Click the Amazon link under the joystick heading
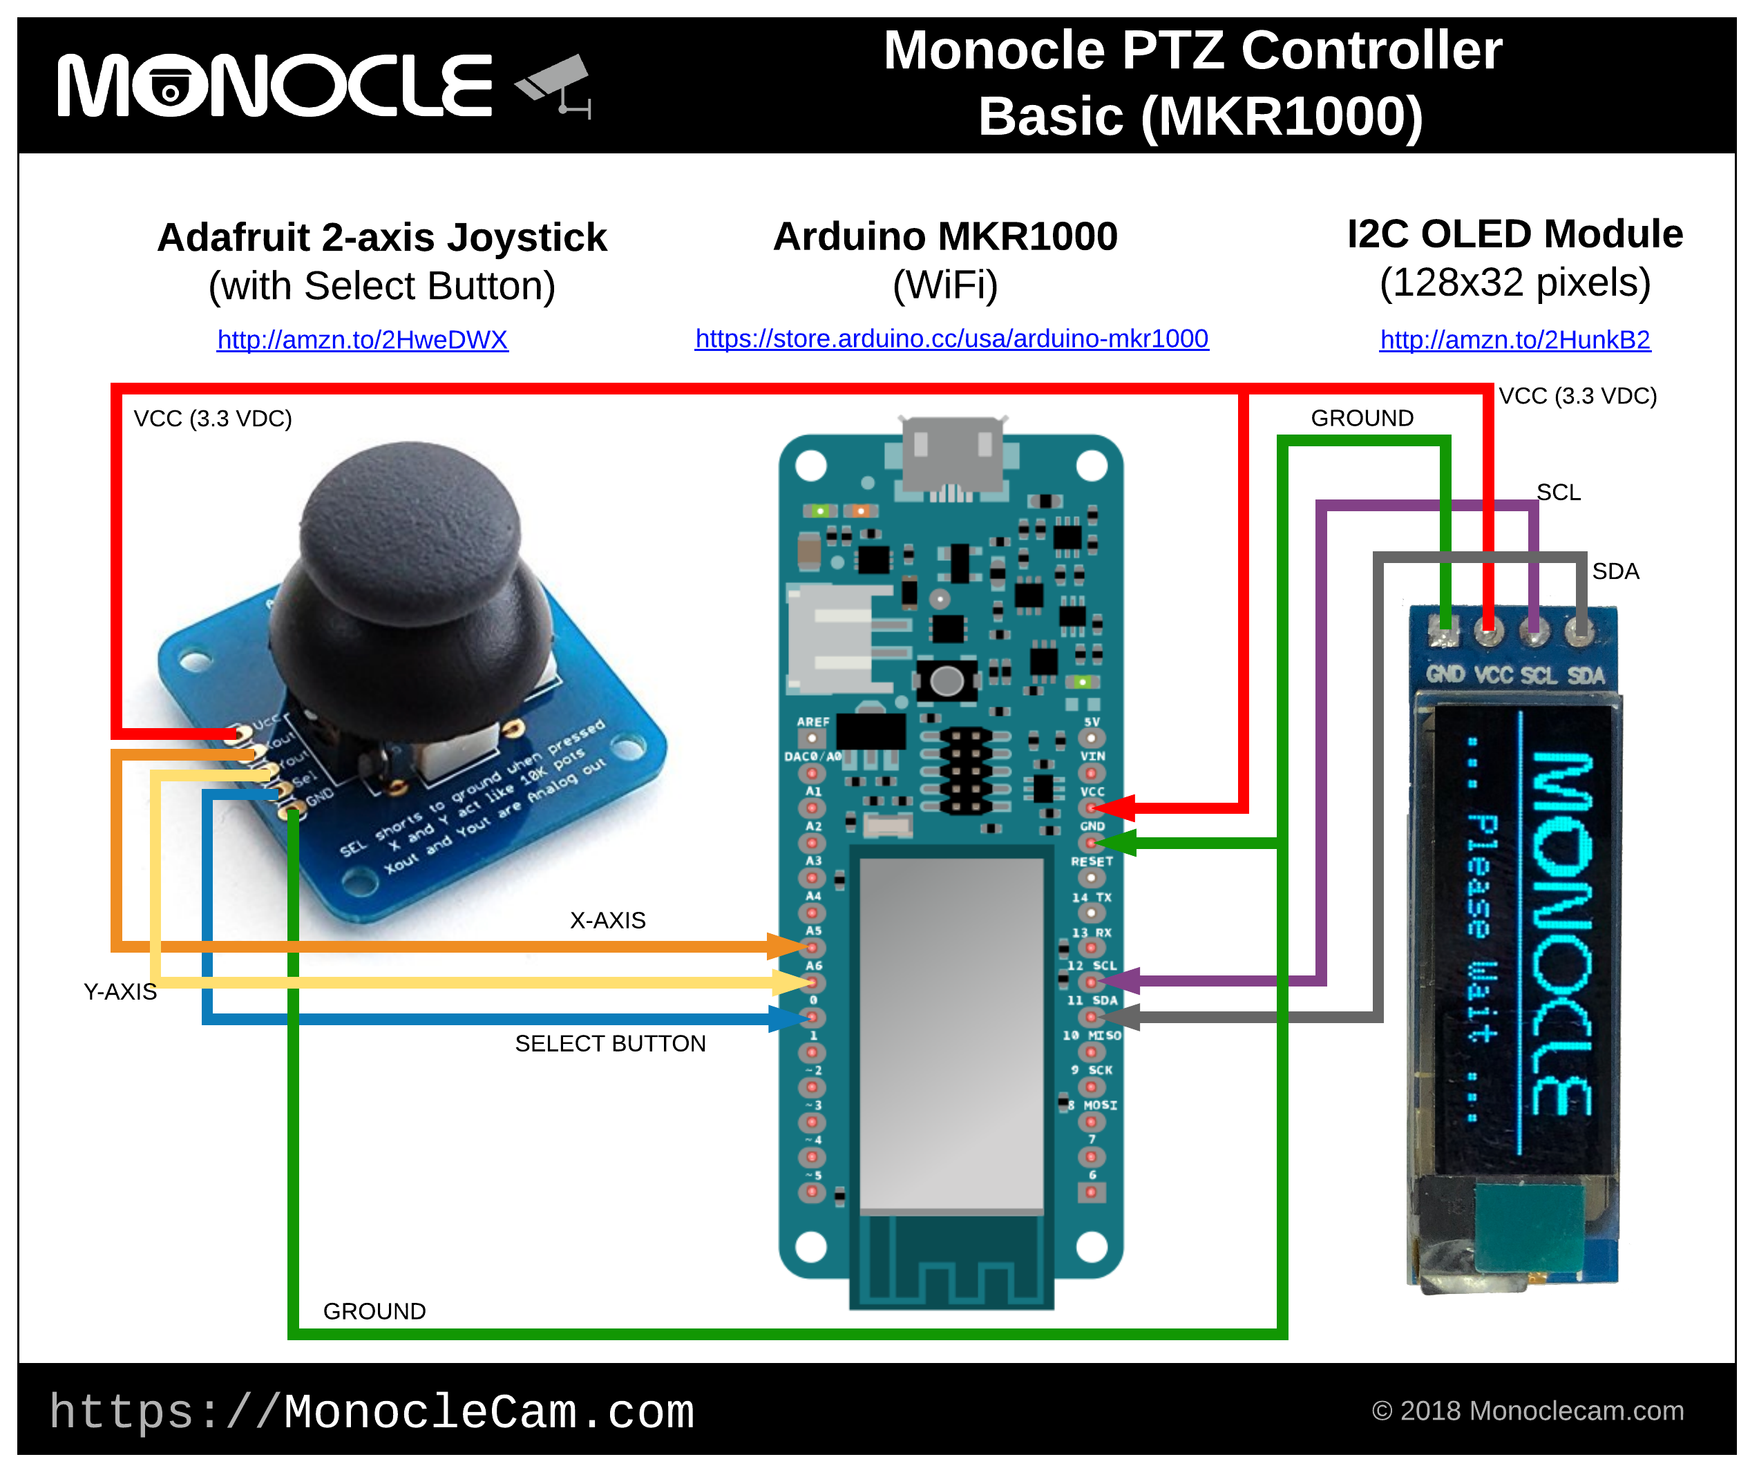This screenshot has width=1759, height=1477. pos(362,339)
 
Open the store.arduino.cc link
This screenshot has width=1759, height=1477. pos(951,339)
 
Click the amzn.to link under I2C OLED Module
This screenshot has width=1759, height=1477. pos(1514,339)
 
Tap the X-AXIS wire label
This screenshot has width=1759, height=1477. pos(607,920)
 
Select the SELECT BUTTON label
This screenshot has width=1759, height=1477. pos(610,1043)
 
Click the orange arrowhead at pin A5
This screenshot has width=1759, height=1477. pos(788,946)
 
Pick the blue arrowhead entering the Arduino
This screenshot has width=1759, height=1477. pos(788,1018)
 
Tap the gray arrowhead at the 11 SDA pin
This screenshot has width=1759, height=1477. pos(1121,1016)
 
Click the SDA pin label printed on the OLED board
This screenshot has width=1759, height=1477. pos(1586,675)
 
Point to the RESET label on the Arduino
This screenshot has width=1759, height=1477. pos(1092,861)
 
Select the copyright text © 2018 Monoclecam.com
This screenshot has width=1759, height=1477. pos(1527,1411)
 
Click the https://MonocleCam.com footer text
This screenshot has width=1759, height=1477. pos(372,1413)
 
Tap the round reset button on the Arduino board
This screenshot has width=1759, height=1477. pos(947,681)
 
